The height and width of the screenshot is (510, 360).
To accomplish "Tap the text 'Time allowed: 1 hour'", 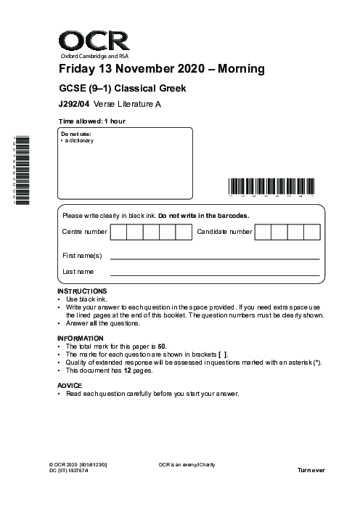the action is tap(91, 121).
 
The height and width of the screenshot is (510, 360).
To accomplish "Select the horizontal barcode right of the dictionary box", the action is tap(271, 187).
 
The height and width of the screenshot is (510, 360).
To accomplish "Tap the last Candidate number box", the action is tap(312, 232).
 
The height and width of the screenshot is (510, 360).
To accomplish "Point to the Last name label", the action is tap(78, 272).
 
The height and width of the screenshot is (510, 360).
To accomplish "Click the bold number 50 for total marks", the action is tap(164, 347).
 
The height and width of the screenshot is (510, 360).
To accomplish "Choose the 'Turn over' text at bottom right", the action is tap(311, 471).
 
